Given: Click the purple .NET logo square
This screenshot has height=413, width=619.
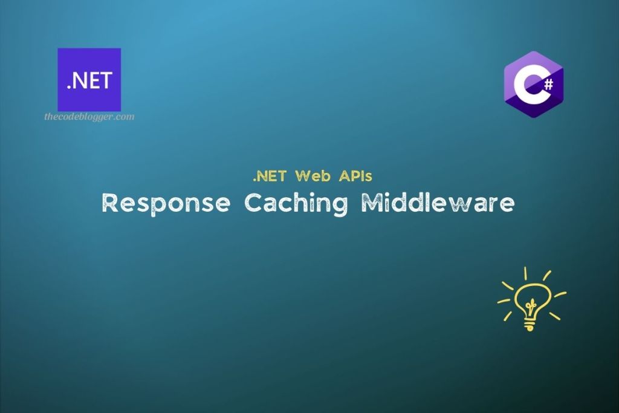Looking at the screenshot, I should (89, 79).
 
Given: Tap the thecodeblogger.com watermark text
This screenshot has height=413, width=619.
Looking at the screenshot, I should (89, 117).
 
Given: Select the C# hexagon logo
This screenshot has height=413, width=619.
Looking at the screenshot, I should (534, 84).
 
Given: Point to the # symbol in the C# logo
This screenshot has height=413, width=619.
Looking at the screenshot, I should (548, 85).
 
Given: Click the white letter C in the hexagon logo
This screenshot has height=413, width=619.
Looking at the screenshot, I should (525, 88).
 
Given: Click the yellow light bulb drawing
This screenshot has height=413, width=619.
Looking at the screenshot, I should (531, 299).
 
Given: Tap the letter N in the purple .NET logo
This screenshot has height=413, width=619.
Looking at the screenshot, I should (80, 81).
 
